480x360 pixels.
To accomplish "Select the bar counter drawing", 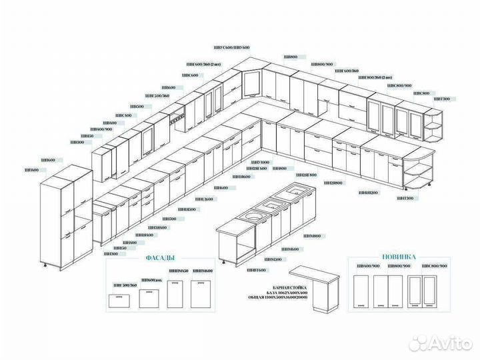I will click(x=318, y=287).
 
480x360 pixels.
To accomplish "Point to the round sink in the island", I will click(x=253, y=215).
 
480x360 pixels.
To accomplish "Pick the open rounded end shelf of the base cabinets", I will click(x=421, y=174).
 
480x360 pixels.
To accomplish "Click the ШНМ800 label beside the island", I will click(x=312, y=236).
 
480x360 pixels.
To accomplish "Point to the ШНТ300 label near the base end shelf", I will click(x=405, y=199).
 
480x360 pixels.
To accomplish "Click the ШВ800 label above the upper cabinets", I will click(x=291, y=57).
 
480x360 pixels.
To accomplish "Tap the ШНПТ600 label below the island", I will click(x=256, y=270).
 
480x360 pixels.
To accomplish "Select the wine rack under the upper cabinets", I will click(x=177, y=123).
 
